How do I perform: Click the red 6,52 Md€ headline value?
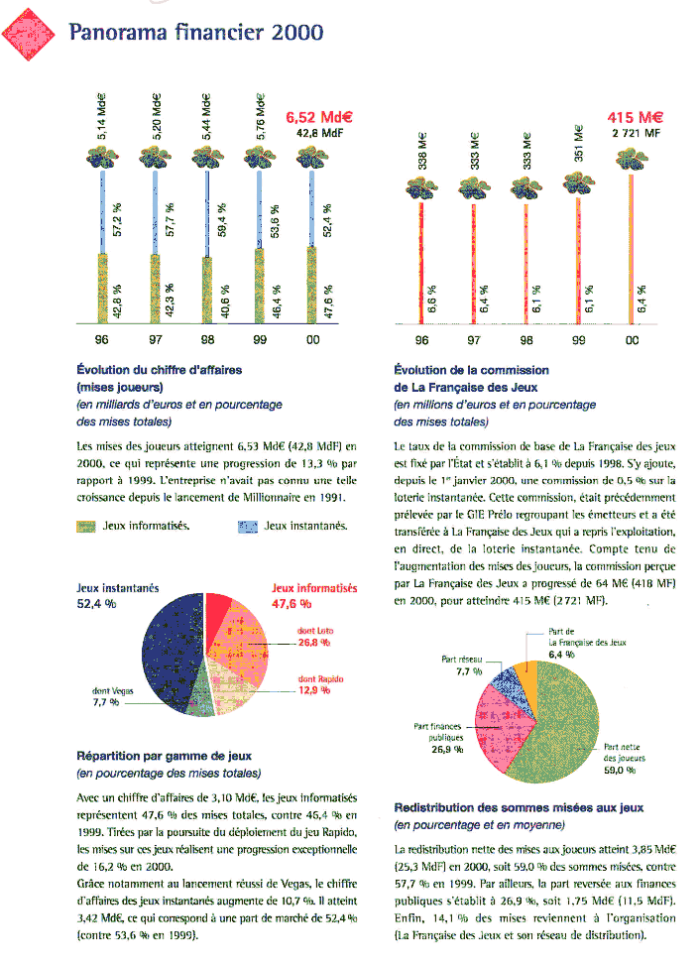(x=319, y=116)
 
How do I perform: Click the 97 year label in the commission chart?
(x=474, y=340)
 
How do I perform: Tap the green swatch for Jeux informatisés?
(x=86, y=525)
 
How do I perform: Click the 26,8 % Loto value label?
(x=314, y=642)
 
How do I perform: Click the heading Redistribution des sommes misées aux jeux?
(x=519, y=807)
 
